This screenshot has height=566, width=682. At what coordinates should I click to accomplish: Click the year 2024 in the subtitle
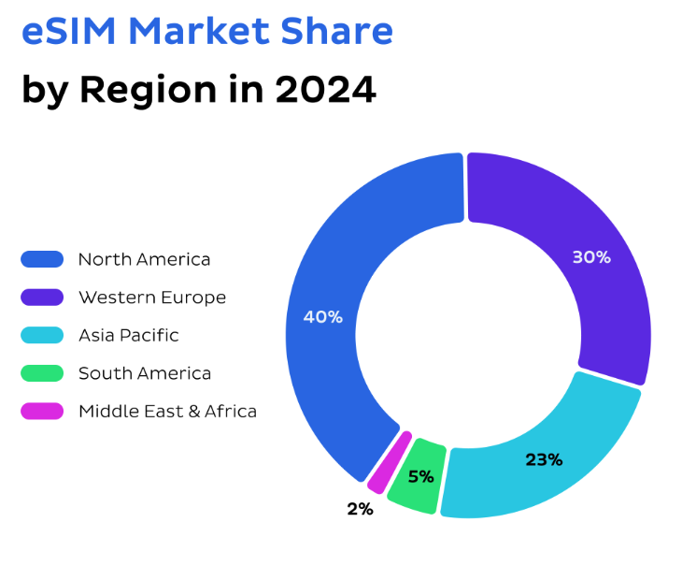point(325,91)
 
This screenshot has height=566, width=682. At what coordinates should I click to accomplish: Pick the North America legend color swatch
point(42,259)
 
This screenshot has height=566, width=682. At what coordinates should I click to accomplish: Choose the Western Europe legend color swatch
point(42,298)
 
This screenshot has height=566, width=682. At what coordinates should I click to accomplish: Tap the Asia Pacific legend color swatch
point(42,335)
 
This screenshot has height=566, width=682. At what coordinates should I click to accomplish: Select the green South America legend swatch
point(42,373)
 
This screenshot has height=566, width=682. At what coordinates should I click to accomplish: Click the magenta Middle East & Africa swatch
point(42,411)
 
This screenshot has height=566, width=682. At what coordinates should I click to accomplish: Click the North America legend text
point(144,259)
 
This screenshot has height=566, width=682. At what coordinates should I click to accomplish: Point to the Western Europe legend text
point(152,298)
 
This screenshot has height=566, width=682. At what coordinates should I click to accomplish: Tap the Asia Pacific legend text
point(128,335)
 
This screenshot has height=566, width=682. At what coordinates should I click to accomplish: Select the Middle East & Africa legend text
point(167,411)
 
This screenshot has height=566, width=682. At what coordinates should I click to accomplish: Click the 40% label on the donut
point(322,317)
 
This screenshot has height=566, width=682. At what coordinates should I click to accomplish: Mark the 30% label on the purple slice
point(591,256)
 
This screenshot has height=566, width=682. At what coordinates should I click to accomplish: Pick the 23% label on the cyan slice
point(543,459)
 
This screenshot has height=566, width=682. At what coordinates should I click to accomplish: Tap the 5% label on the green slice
point(420,476)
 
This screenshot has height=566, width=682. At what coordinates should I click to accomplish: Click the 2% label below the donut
point(360,509)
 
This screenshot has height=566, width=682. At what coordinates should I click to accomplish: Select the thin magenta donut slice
point(390,462)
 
